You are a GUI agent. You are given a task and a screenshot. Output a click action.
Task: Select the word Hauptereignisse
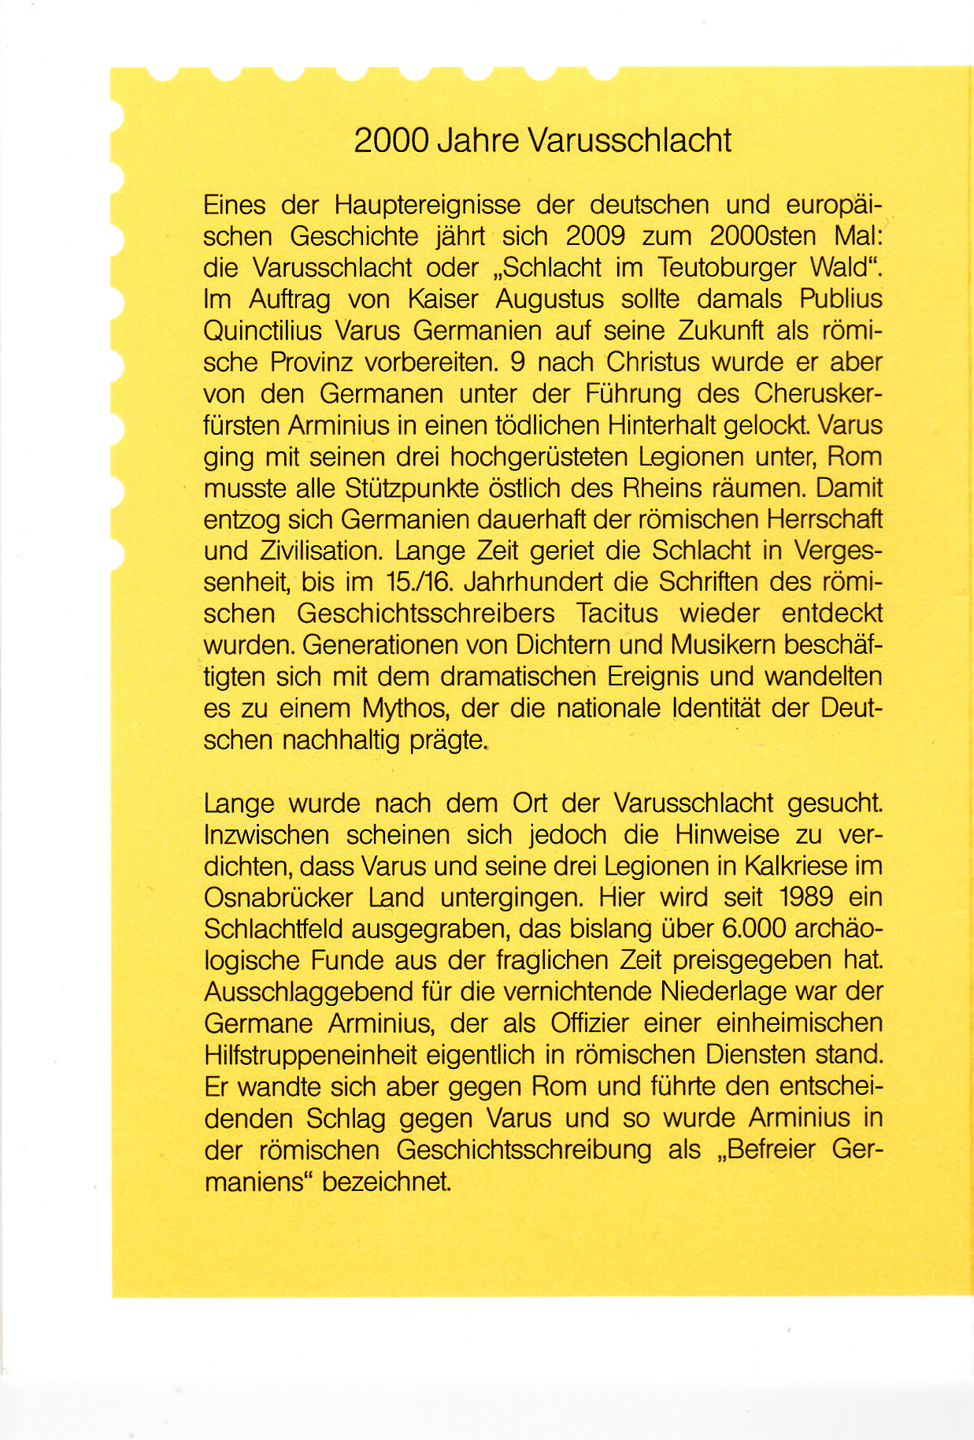428,206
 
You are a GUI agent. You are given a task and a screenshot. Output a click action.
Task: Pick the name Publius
840,299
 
